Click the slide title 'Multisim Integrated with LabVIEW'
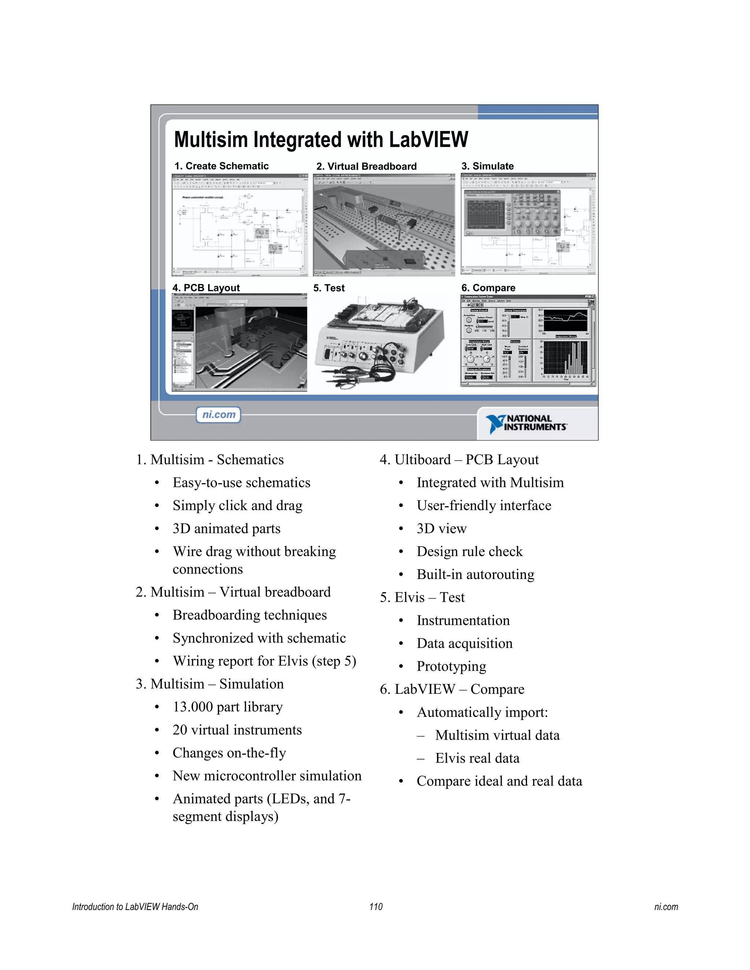click(321, 139)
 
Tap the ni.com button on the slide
click(219, 415)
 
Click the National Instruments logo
click(527, 423)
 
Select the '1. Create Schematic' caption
click(221, 166)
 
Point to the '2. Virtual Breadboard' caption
click(366, 167)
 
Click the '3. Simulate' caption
click(487, 166)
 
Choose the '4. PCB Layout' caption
click(206, 288)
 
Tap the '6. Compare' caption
click(488, 288)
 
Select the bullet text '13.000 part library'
click(227, 706)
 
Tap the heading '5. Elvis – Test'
click(422, 597)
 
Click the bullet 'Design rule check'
click(469, 552)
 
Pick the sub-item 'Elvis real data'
click(477, 758)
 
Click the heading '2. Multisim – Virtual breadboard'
click(233, 592)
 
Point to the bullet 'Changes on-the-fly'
click(229, 753)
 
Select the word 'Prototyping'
click(452, 666)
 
